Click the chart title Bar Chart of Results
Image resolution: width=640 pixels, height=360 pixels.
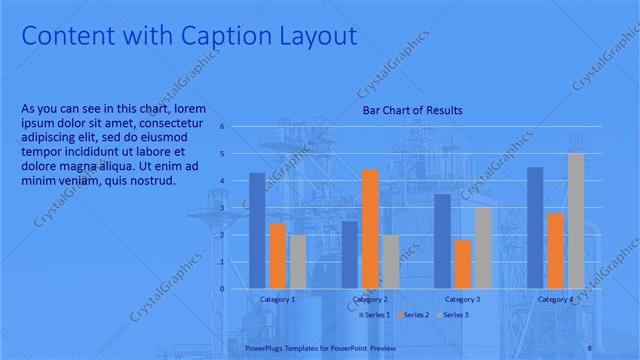pyautogui.click(x=412, y=110)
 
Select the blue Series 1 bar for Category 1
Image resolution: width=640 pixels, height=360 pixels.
pyautogui.click(x=257, y=230)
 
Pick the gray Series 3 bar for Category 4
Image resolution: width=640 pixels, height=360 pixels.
pyautogui.click(x=576, y=221)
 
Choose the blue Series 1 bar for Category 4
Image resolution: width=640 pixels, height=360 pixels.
pyautogui.click(x=535, y=227)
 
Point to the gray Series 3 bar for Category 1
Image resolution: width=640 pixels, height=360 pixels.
pyautogui.click(x=298, y=261)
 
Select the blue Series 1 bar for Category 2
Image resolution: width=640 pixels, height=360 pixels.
pyautogui.click(x=349, y=254)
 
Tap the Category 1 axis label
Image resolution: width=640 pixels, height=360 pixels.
pyautogui.click(x=277, y=299)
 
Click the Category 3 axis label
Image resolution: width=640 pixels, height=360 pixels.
pyautogui.click(x=463, y=299)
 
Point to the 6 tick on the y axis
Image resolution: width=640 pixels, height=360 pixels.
pyautogui.click(x=223, y=127)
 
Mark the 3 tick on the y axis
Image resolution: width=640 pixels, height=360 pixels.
pyautogui.click(x=223, y=208)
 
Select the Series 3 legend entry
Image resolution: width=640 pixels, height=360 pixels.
pyautogui.click(x=454, y=315)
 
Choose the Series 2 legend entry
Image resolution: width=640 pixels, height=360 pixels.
pyautogui.click(x=415, y=315)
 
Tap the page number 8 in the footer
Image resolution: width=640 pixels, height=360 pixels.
pyautogui.click(x=588, y=348)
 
